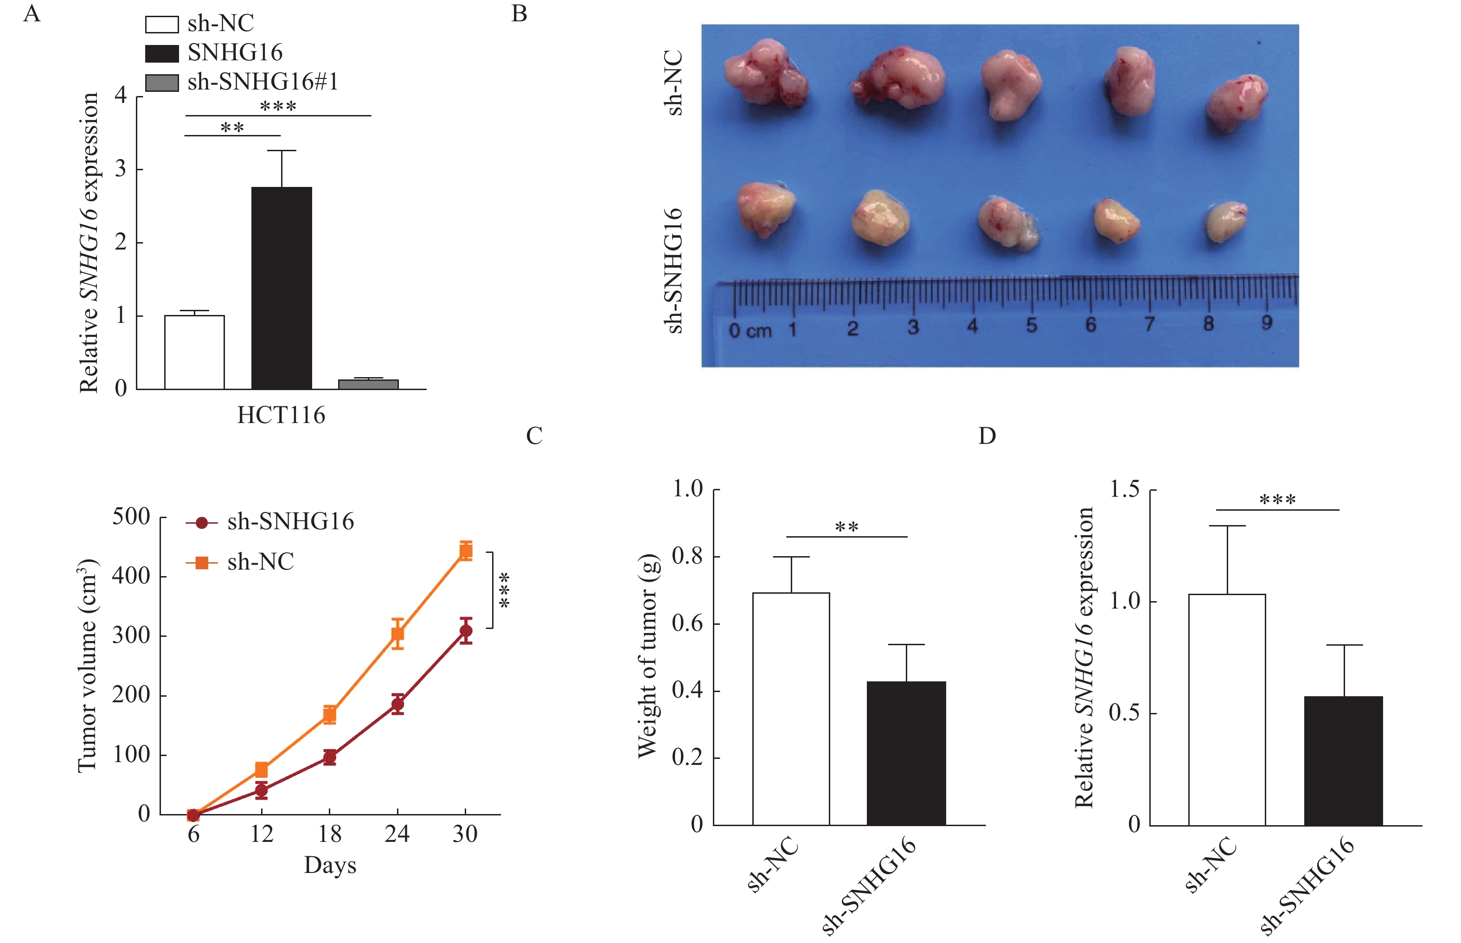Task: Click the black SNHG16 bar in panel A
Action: click(282, 288)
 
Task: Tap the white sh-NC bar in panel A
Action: click(194, 352)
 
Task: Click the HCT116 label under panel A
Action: click(281, 415)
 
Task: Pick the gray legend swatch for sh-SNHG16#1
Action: click(162, 82)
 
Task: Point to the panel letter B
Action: click(519, 13)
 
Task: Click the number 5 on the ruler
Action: click(1032, 325)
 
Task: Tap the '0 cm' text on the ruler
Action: click(750, 331)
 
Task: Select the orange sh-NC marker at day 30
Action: click(465, 551)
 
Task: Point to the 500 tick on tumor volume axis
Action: click(131, 516)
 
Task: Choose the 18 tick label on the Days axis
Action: click(329, 834)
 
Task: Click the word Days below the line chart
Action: click(330, 865)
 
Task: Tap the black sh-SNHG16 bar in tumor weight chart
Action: click(906, 753)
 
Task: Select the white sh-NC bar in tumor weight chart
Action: click(791, 708)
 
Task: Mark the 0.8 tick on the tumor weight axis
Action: click(688, 556)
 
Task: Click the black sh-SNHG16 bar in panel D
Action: click(1344, 761)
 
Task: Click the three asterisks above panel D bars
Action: click(1277, 500)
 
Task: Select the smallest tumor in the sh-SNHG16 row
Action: click(1226, 222)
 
